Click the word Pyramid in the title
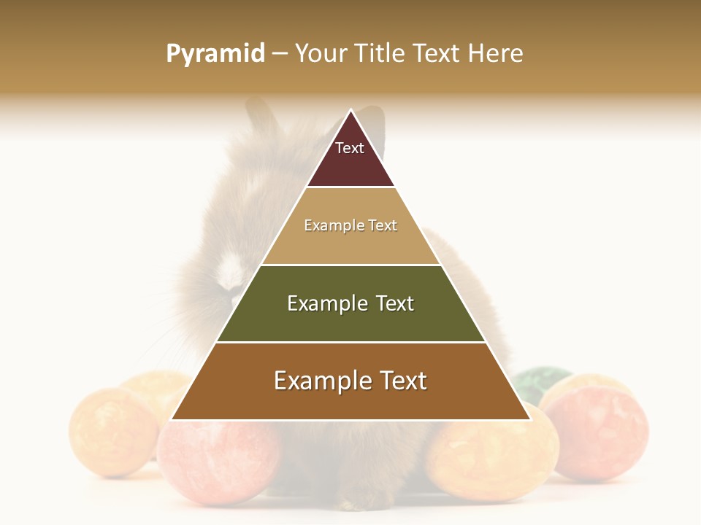pos(215,54)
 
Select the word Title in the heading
pos(382,54)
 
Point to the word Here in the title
pos(495,54)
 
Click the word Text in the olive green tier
pos(395,303)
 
